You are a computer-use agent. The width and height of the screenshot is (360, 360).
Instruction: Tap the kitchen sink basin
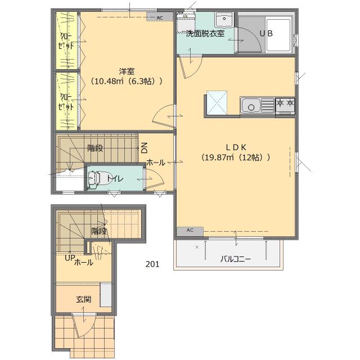pyautogui.click(x=251, y=106)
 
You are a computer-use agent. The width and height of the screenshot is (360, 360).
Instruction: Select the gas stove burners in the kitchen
pyautogui.click(x=285, y=105)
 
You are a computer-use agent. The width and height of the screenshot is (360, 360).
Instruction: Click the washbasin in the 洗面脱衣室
pyautogui.click(x=224, y=19)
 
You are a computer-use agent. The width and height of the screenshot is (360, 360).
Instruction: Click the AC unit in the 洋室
pyautogui.click(x=160, y=17)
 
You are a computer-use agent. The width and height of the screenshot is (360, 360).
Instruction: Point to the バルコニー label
pyautogui.click(x=236, y=259)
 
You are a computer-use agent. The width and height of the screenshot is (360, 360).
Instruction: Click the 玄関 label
pyautogui.click(x=84, y=299)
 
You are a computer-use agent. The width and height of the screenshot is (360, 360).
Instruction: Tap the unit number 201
pyautogui.click(x=152, y=264)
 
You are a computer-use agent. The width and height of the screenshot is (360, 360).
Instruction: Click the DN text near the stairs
pyautogui.click(x=145, y=148)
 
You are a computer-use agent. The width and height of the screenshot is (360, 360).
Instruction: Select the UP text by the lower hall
pyautogui.click(x=70, y=258)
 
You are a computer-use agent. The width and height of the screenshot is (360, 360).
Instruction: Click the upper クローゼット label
pyautogui.click(x=66, y=41)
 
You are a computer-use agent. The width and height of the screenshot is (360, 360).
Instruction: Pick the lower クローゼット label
pyautogui.click(x=66, y=102)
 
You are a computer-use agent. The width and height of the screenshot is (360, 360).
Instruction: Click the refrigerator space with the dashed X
pyautogui.click(x=217, y=102)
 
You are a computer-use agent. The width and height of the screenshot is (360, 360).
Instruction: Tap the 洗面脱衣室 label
pyautogui.click(x=205, y=34)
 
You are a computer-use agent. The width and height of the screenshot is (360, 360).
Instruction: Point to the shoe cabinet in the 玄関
pyautogui.click(x=106, y=295)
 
